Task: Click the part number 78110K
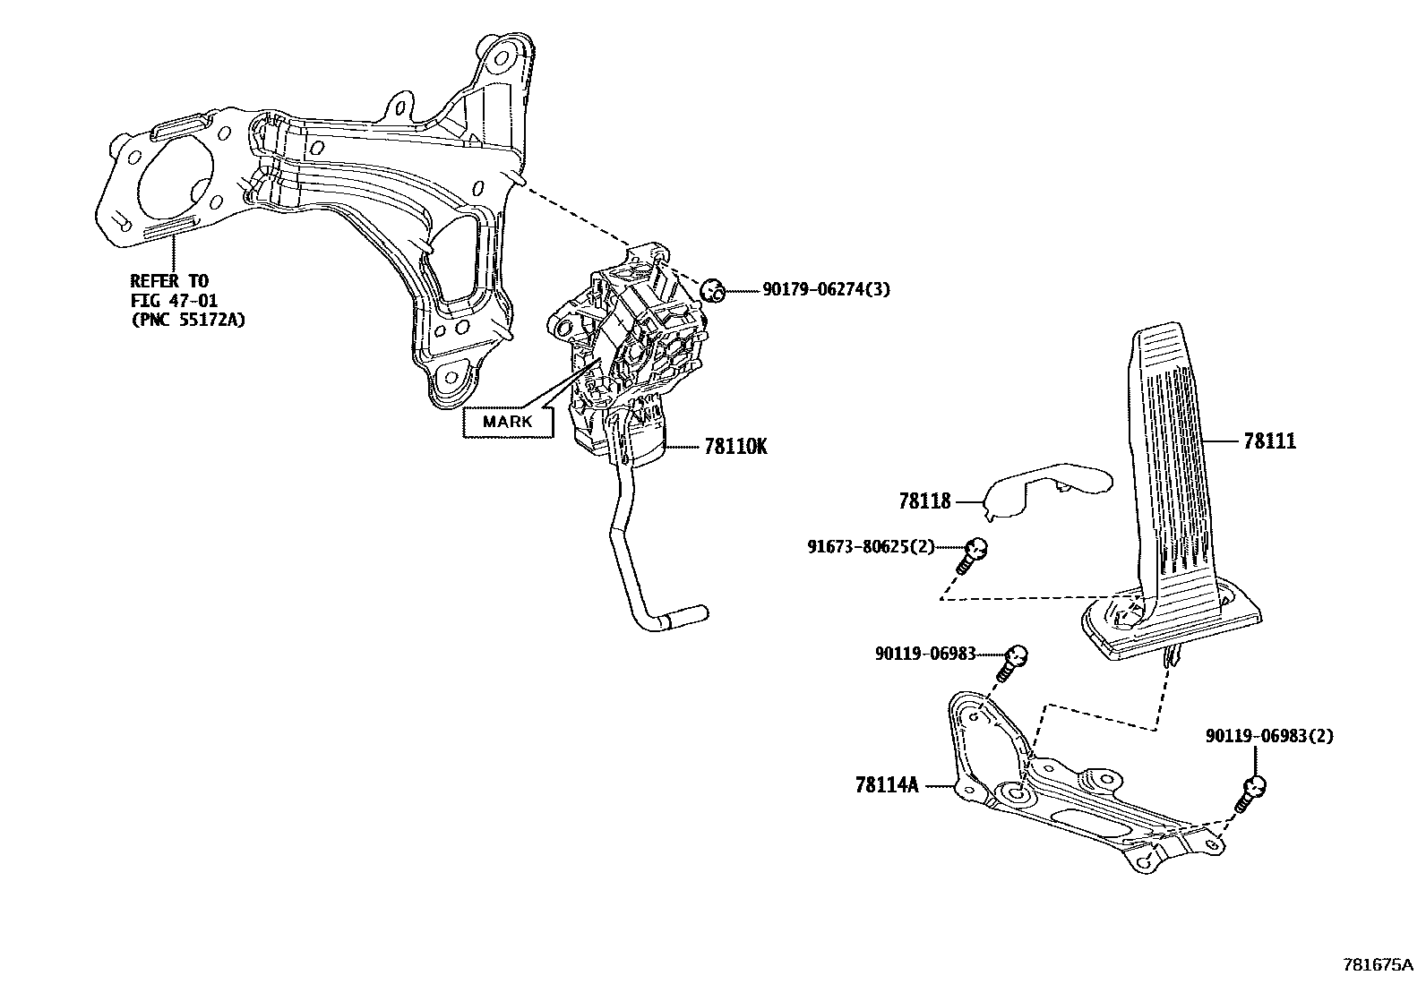tap(735, 446)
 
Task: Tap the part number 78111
tap(1269, 441)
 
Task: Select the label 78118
tap(924, 501)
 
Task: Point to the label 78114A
tap(887, 786)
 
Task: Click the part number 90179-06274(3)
tap(826, 289)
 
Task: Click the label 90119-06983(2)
tap(1269, 736)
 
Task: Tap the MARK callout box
tap(507, 422)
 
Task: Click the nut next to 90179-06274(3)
tap(711, 289)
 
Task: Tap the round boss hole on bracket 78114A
tap(1013, 792)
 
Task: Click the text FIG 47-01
tap(174, 300)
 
